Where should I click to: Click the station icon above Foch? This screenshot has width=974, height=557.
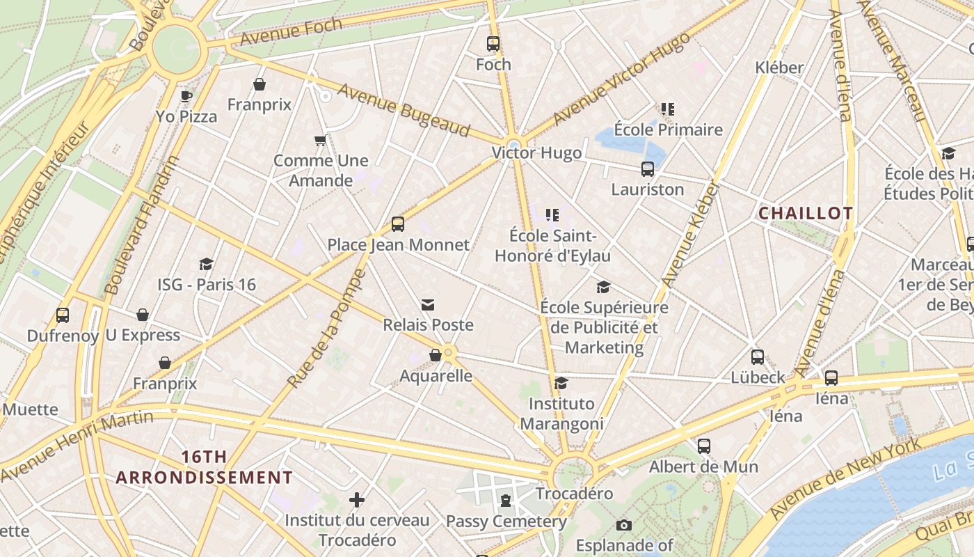pos(493,44)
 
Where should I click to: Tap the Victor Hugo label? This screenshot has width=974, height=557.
pos(536,153)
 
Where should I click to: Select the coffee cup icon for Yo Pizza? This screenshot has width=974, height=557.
pos(186,96)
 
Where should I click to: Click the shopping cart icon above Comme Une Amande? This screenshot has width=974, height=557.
pos(321,141)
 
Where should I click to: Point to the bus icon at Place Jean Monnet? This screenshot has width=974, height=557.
pos(398,224)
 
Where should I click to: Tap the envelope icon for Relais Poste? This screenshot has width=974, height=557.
pos(428,305)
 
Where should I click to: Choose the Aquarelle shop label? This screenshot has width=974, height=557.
pos(436,376)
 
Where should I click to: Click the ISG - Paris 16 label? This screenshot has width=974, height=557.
pos(207,285)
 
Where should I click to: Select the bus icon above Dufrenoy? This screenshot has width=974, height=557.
pos(63,315)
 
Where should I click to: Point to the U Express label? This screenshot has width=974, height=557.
pos(143,336)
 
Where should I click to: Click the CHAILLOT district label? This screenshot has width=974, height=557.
pos(806,214)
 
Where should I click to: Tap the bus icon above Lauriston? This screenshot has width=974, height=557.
pos(648,169)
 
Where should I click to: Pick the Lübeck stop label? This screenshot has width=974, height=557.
pos(758,377)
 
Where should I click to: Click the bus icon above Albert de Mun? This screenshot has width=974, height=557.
pos(704,446)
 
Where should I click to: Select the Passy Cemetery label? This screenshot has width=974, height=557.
pos(506,521)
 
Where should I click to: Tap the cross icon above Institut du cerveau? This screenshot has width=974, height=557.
pos(357,500)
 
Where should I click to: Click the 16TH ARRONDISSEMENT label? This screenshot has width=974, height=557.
pos(204,467)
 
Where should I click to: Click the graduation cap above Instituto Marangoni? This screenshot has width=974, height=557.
pos(561,383)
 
